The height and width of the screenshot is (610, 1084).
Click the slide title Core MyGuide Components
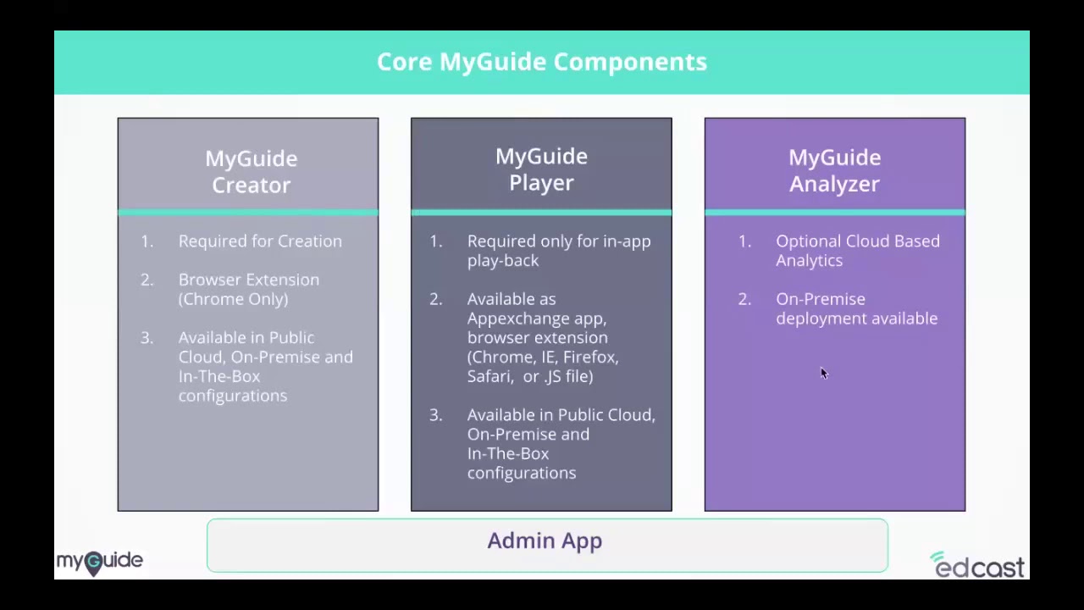pos(542,62)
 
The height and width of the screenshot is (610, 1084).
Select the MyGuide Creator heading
pos(251,171)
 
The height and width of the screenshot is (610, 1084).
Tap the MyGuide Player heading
pos(541,169)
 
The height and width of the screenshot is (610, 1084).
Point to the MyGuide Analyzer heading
pos(834,170)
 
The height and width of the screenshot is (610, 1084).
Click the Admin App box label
pos(545,541)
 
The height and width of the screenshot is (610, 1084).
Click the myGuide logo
pos(100,562)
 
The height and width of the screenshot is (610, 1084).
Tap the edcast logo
pos(978,565)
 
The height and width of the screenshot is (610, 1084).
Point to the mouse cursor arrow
pos(822,372)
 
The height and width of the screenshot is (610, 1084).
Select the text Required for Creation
pos(260,241)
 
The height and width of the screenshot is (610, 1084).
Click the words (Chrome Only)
pos(233,299)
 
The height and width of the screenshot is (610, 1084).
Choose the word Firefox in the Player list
pos(590,357)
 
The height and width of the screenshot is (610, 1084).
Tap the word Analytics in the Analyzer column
pos(809,261)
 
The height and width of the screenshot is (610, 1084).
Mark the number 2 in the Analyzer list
pos(744,299)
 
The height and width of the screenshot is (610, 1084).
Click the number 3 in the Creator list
pos(147,338)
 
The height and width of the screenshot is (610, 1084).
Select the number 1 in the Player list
pos(435,241)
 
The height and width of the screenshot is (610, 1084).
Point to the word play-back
pos(503,261)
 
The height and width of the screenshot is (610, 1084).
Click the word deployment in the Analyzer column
pos(814,319)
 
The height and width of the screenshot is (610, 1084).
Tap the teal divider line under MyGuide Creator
pos(248,212)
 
